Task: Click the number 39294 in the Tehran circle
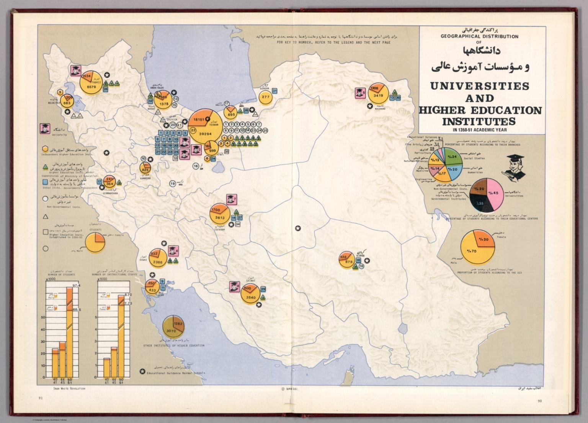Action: point(205,134)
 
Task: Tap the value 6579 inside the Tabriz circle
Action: point(91,87)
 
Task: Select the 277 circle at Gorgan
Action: point(265,97)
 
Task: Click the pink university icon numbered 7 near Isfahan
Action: point(232,199)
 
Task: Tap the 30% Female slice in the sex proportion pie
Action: point(484,240)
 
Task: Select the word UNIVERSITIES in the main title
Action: point(480,86)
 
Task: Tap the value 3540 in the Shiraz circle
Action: point(251,298)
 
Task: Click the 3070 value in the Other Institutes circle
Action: point(170,331)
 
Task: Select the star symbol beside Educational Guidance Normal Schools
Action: point(142,372)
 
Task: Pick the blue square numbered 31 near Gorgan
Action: point(274,91)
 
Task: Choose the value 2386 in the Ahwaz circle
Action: point(157,262)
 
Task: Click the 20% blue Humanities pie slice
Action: point(454,170)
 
